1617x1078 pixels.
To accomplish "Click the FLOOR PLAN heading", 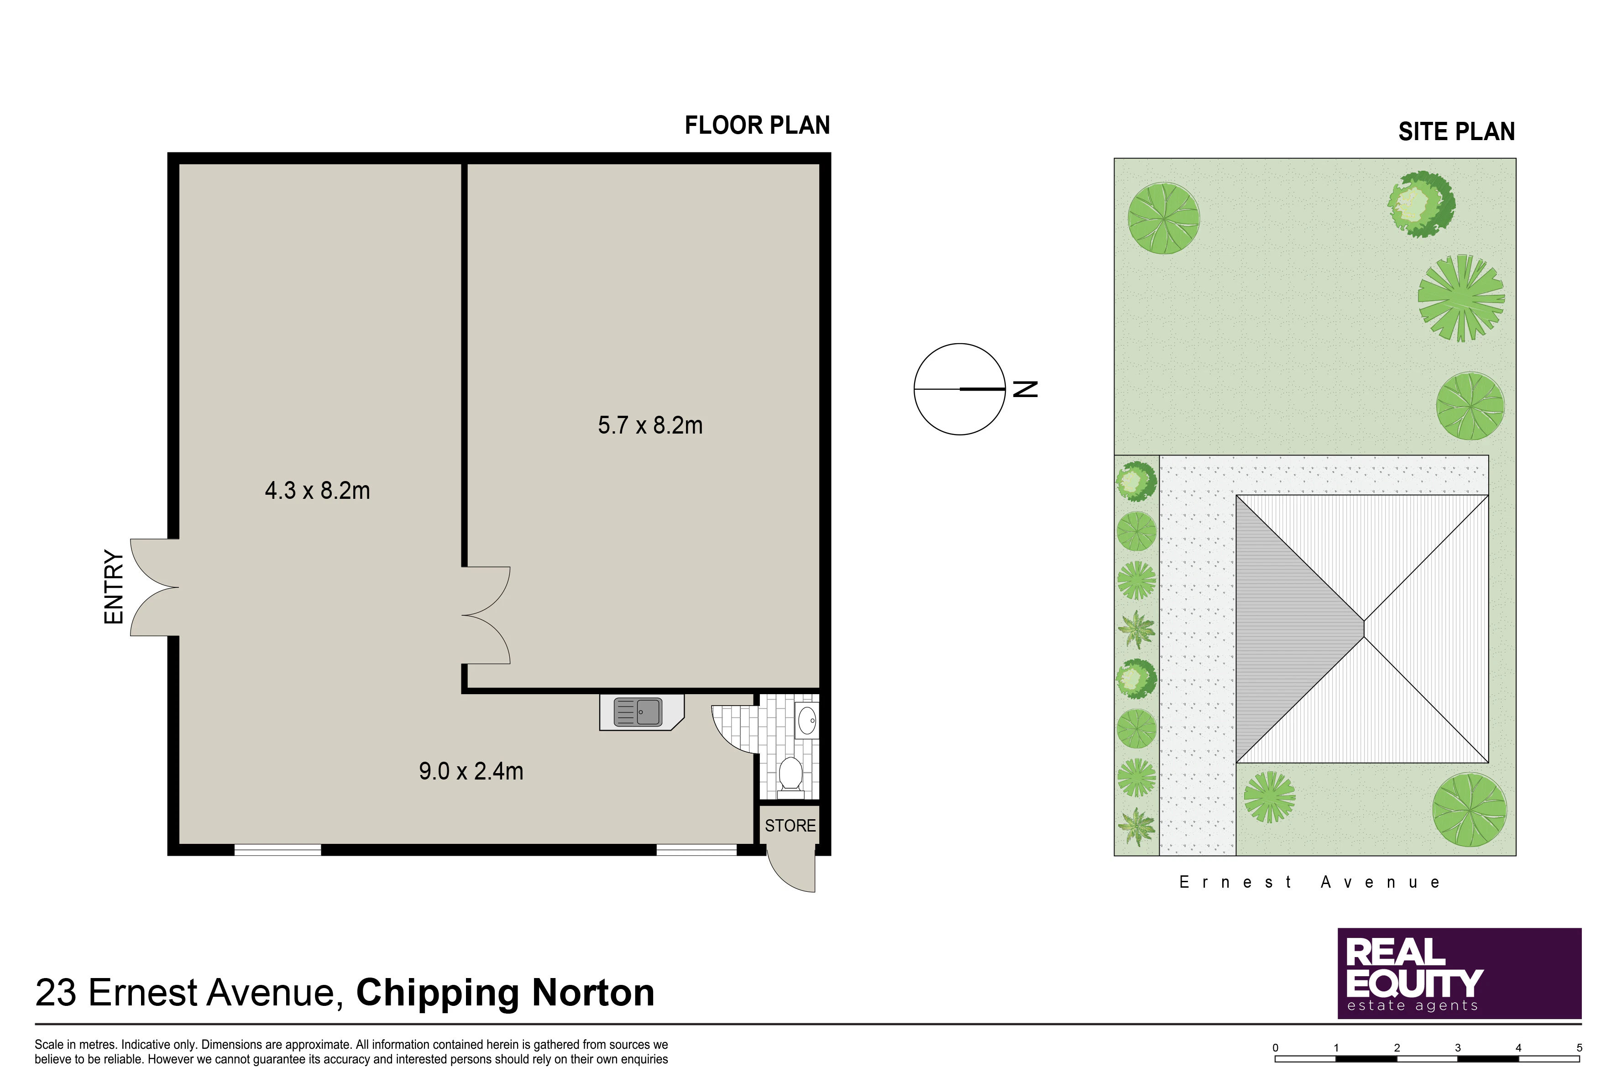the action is pos(757,125).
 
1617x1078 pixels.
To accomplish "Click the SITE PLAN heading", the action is pos(1456,131).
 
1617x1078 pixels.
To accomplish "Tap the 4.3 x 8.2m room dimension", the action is pos(318,490).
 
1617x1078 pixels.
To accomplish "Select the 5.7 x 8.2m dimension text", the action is pos(650,425).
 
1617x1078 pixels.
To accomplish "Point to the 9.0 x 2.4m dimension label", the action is pos(471,771).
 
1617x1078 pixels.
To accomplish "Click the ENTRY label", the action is pos(114,586).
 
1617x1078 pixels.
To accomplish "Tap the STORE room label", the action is pos(790,826).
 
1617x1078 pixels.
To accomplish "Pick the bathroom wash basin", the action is pos(807,721).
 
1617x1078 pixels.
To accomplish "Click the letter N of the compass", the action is pos(1026,389).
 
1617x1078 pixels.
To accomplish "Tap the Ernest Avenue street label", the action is pos(1310,882).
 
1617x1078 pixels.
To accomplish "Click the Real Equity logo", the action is pos(1459,973).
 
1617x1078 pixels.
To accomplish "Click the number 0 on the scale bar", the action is pos(1275,1048).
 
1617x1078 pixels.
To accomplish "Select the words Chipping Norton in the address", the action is pos(505,993).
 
